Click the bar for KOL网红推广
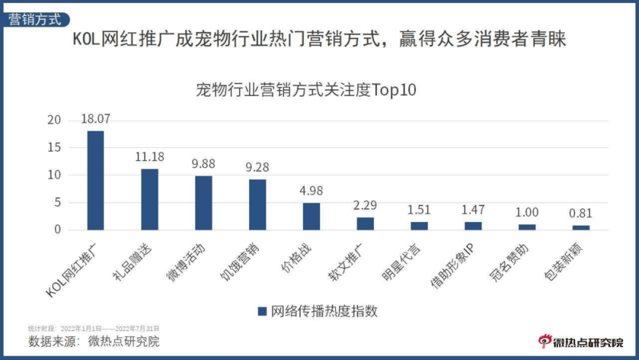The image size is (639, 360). click(x=95, y=180)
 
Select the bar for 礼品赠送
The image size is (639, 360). click(x=149, y=199)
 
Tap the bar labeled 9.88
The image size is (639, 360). click(x=203, y=203)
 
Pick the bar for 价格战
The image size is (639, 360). click(x=311, y=216)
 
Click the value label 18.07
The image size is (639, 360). click(x=95, y=119)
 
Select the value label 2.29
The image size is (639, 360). click(x=365, y=205)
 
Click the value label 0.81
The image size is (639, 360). click(x=581, y=213)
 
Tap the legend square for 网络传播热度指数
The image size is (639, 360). click(x=262, y=311)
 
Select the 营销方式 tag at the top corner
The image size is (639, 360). click(x=35, y=19)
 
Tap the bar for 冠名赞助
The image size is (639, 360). click(x=527, y=227)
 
